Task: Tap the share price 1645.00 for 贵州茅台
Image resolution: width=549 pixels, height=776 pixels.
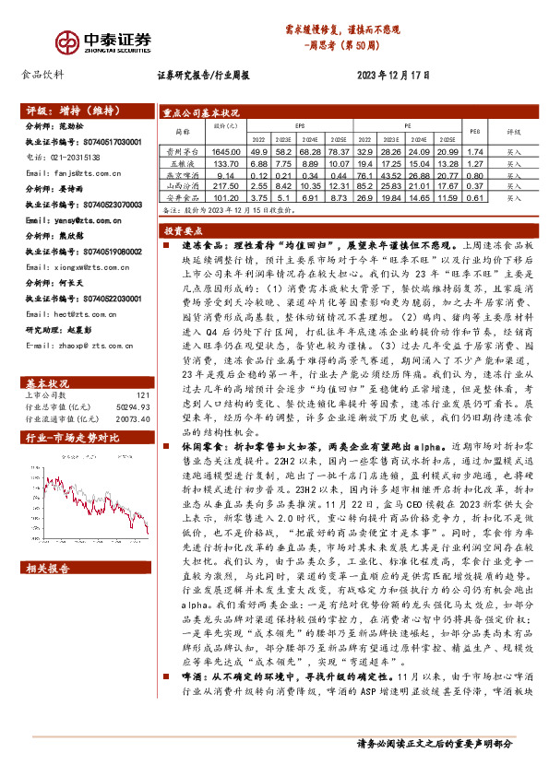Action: tap(226, 150)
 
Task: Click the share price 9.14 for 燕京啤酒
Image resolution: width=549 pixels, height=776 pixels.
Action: tap(226, 173)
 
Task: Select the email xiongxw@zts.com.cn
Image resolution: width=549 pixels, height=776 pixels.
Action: tap(73, 267)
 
